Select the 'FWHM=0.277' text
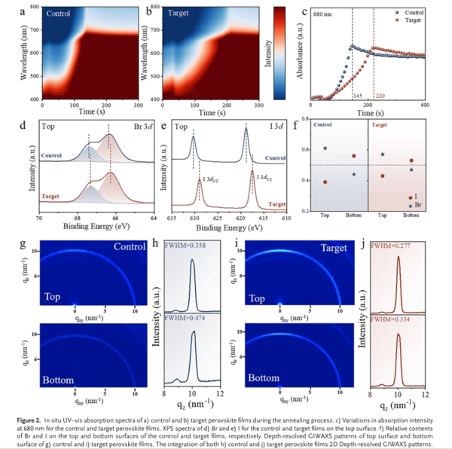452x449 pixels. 390,246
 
